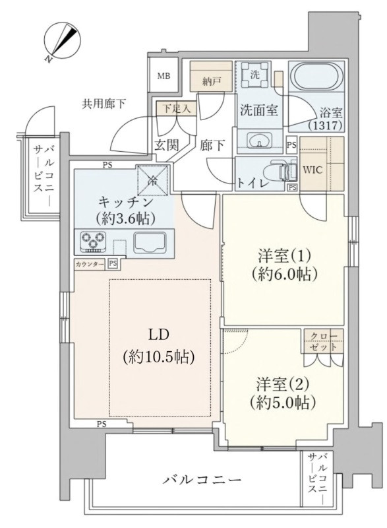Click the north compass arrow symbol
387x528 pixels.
coord(63,41)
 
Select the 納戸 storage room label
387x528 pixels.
coord(210,82)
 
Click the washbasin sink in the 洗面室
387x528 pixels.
coord(259,140)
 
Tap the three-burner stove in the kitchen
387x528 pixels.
coord(94,242)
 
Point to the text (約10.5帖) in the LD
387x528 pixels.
coord(158,357)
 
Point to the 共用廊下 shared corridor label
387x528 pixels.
coord(104,103)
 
